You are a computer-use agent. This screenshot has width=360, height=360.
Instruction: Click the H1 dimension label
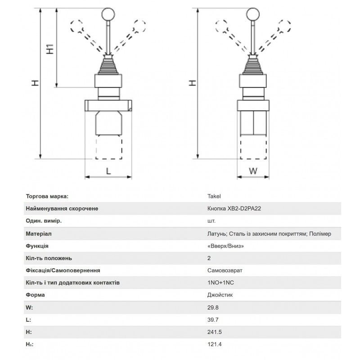click(50, 49)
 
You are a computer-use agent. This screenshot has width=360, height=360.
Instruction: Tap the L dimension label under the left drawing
click(108, 171)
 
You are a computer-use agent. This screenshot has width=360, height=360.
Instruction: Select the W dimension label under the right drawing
click(253, 171)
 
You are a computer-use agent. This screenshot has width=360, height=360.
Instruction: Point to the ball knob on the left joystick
click(108, 14)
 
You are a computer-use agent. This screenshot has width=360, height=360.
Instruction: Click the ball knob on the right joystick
click(253, 14)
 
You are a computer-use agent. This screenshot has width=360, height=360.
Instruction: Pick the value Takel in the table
click(214, 196)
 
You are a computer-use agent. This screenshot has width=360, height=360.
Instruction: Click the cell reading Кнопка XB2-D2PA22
click(234, 208)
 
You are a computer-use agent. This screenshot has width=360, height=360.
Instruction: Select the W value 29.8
click(213, 307)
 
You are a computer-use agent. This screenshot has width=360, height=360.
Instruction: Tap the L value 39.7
click(213, 319)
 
